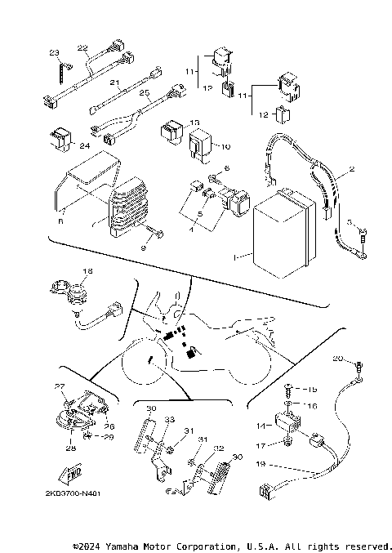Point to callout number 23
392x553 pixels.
click(54, 53)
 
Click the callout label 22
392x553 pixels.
click(83, 48)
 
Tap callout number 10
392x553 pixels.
click(225, 147)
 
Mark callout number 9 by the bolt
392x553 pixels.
click(144, 246)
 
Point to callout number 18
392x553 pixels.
click(87, 270)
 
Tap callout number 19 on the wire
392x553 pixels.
click(261, 463)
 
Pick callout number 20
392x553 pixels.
click(337, 359)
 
